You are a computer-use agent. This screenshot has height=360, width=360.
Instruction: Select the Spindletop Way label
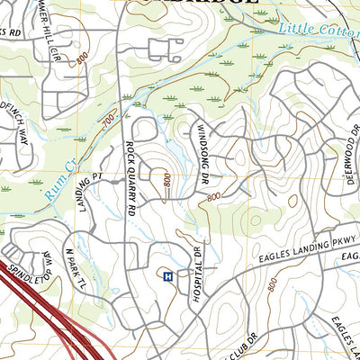[x=30, y=261]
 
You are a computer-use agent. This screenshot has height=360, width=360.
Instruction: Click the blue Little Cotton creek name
[x=318, y=30]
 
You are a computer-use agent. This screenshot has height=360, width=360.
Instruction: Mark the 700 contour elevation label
[x=108, y=118]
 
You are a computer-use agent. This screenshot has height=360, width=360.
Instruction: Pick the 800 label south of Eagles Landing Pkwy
[x=272, y=285]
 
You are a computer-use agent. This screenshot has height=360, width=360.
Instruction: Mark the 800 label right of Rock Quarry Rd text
[x=167, y=180]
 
